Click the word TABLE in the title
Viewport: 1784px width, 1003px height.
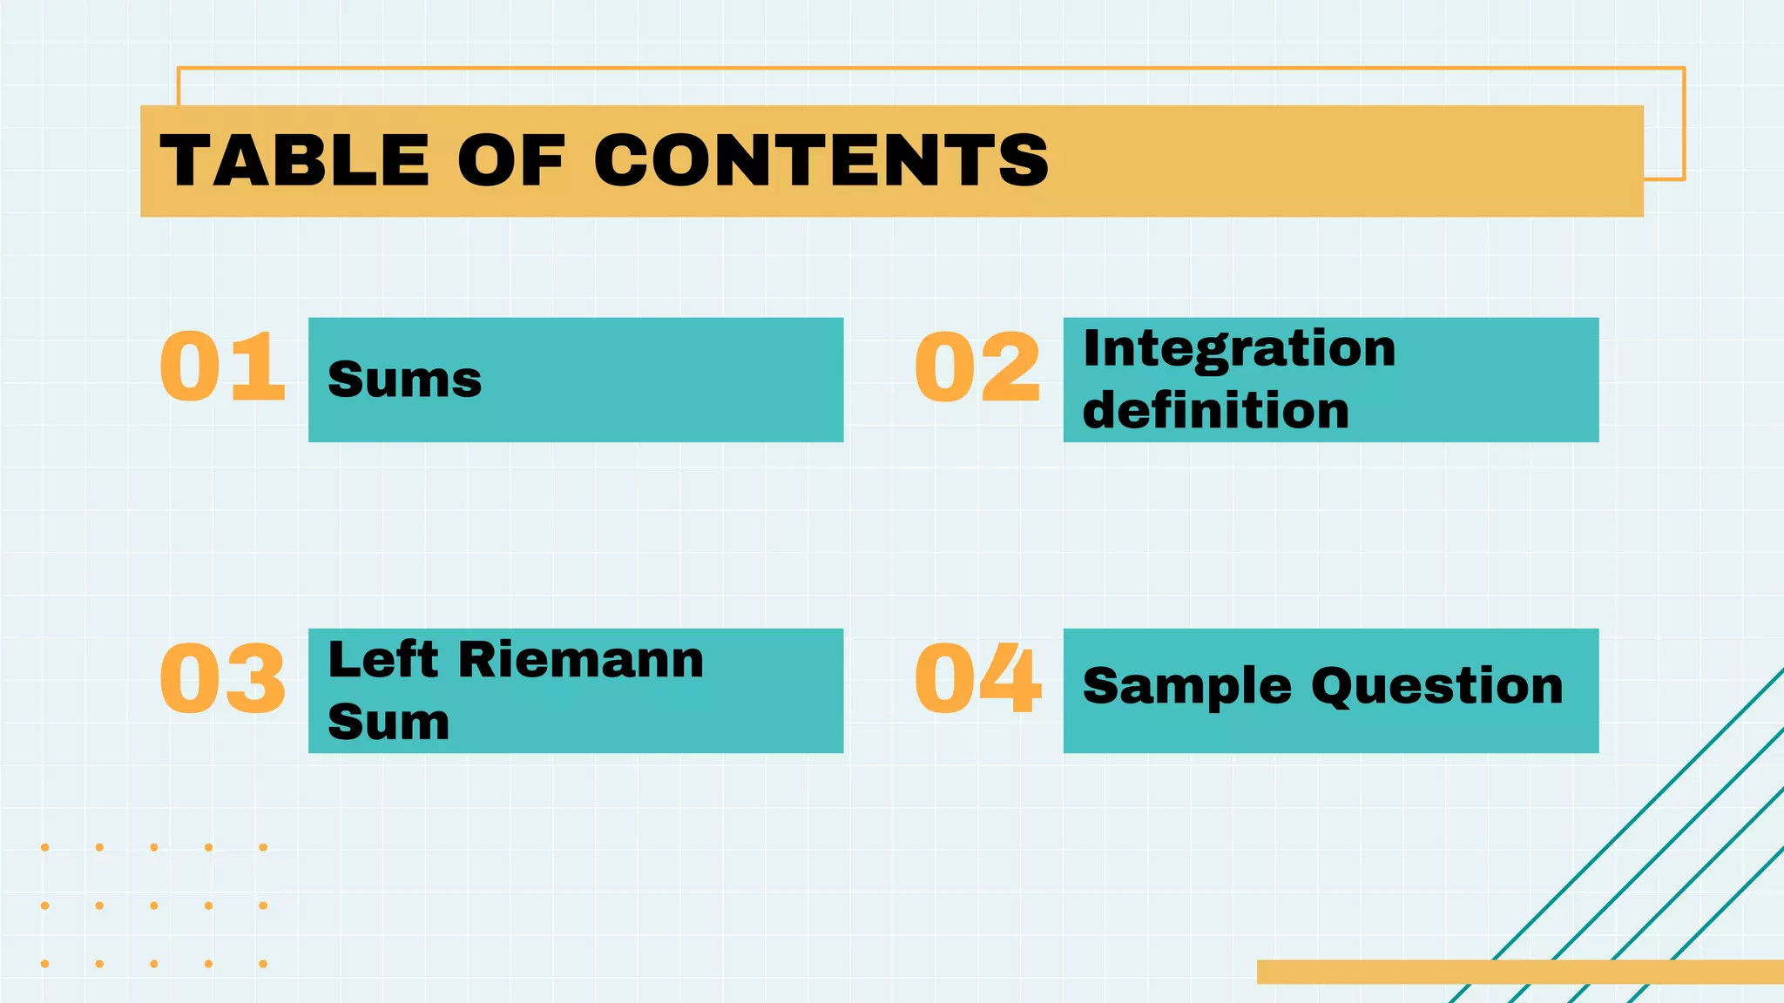(x=294, y=161)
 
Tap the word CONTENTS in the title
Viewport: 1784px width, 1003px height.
(x=821, y=161)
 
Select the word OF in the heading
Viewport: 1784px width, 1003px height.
(x=511, y=161)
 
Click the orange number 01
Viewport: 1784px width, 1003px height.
(x=223, y=367)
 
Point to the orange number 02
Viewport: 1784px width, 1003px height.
(x=977, y=367)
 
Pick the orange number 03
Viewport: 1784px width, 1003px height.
(x=223, y=678)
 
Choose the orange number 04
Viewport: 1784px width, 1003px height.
(x=977, y=678)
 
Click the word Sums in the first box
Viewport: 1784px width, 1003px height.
(x=404, y=380)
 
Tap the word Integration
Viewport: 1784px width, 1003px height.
(x=1239, y=348)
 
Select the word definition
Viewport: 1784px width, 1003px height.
(x=1215, y=410)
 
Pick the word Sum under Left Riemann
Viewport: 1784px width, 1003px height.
(x=389, y=722)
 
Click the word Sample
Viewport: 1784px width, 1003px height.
(x=1186, y=687)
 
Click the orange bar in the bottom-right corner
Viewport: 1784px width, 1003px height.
(x=1519, y=972)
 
